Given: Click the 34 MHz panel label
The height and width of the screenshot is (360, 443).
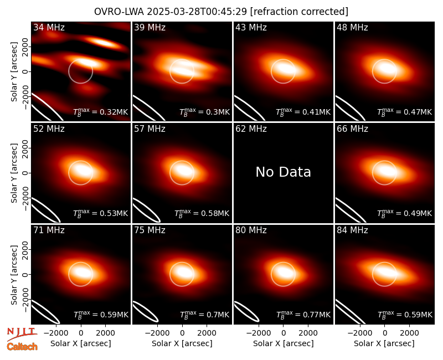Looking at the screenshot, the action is [49, 27].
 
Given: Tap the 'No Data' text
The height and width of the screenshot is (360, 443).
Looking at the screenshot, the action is [284, 172].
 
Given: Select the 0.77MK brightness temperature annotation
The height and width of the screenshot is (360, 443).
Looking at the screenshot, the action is [303, 315].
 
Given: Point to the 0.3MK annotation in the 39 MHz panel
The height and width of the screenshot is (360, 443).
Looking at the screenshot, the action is [204, 112].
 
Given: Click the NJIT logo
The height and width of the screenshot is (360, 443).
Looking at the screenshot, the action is [22, 333].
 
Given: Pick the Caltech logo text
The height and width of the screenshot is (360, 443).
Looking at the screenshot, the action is [22, 347].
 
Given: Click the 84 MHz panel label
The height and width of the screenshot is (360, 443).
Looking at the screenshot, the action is [352, 230].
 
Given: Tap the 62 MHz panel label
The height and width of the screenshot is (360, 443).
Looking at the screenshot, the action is [251, 129].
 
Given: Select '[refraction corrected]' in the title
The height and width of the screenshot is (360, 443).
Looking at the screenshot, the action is [299, 12].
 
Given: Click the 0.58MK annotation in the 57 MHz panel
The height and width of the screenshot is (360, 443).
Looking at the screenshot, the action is [202, 213].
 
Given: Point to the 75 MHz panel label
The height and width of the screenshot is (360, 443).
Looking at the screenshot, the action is [150, 230].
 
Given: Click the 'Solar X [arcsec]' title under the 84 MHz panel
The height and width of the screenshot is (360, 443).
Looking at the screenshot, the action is [384, 343].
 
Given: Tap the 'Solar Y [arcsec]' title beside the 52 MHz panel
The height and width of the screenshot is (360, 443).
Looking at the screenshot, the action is [14, 173].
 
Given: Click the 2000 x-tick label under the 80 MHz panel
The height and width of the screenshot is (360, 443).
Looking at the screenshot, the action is [308, 333].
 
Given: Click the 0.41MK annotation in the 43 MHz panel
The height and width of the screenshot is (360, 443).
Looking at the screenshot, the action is [303, 112].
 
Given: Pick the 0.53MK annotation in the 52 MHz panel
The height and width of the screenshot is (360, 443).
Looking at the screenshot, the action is [101, 213].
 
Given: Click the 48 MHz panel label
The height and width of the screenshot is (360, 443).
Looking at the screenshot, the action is [352, 27].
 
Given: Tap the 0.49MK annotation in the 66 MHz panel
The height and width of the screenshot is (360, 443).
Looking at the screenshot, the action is [405, 213].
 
